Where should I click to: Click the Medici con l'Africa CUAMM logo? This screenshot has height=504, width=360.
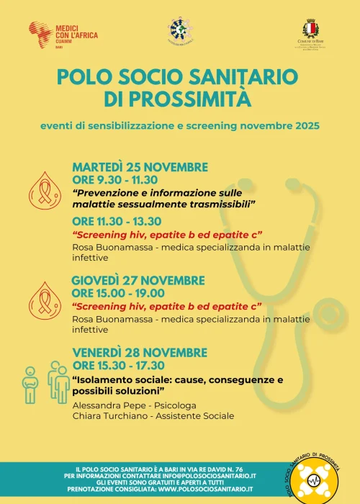[63, 34]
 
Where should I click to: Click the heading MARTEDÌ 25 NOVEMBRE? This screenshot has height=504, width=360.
[140, 167]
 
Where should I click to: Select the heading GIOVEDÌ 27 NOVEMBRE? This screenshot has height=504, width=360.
[138, 281]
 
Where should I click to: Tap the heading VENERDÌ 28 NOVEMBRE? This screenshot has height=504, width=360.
[138, 352]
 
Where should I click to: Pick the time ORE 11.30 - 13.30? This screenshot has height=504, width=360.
[117, 221]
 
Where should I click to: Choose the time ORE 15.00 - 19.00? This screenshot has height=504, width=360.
[118, 293]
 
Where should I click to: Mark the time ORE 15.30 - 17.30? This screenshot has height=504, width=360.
[118, 365]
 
